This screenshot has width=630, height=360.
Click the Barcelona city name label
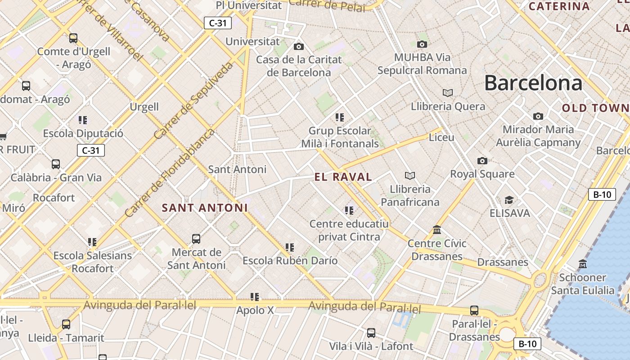pos(533,83)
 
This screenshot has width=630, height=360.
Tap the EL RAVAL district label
pos(343,177)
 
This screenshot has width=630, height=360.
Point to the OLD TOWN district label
pos(595,108)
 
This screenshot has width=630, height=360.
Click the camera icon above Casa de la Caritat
pos(298,46)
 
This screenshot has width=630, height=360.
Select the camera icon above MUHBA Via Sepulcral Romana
pos(422,44)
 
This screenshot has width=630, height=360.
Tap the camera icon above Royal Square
pos(482,161)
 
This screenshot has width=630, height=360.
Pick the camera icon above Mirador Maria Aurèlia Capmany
pos(538,116)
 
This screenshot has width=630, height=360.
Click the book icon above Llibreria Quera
pos(447,93)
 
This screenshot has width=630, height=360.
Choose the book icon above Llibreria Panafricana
pos(409,175)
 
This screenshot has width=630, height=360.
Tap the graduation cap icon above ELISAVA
pos(509,200)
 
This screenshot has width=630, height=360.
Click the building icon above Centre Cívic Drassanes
pos(436,230)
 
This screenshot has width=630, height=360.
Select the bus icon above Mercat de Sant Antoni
pos(196,238)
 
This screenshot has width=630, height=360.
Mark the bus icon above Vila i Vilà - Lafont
pos(371,333)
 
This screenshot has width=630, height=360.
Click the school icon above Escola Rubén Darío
pos(289,247)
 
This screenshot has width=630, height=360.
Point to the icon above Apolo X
pos(255,297)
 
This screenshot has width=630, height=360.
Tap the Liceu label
pos(441,137)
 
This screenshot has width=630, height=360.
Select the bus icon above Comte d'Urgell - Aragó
pos(73,38)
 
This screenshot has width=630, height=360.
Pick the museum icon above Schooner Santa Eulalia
pos(583,264)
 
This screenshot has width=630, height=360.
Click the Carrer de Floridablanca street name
pos(171,173)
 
